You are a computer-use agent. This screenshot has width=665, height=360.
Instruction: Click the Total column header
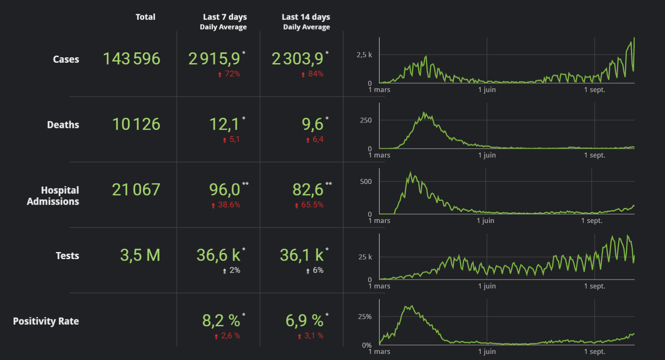(x=145, y=17)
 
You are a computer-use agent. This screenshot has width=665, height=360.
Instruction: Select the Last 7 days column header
(x=225, y=17)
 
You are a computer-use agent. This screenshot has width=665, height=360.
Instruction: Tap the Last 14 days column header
(x=306, y=17)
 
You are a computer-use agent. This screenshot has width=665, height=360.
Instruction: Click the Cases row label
(x=66, y=59)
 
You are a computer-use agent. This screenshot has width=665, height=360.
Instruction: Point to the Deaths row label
(x=63, y=125)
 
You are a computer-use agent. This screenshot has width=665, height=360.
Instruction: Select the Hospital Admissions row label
(x=53, y=196)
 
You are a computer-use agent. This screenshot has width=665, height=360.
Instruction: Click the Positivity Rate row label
(x=46, y=321)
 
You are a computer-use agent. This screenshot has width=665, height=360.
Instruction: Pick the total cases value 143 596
(x=132, y=59)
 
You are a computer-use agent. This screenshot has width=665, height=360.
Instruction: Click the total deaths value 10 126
(x=136, y=125)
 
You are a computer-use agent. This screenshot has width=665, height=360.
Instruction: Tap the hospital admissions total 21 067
(x=136, y=190)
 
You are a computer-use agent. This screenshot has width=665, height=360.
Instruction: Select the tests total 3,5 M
(x=140, y=255)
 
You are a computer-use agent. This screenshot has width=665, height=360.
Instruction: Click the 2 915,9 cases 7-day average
(x=214, y=59)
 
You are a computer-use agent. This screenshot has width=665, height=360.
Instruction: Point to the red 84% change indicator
(x=313, y=74)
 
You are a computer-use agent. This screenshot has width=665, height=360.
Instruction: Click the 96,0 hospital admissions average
(x=225, y=190)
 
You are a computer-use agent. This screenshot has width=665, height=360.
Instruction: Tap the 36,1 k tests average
(x=302, y=255)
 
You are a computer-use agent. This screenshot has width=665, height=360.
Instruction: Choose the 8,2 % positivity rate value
(x=221, y=321)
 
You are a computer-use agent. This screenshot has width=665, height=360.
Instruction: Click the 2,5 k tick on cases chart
(x=364, y=55)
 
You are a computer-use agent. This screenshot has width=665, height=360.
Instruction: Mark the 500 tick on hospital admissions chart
(x=366, y=181)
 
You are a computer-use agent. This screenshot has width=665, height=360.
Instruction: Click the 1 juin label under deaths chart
(x=487, y=155)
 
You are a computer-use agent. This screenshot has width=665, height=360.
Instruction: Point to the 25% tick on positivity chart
(x=365, y=317)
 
